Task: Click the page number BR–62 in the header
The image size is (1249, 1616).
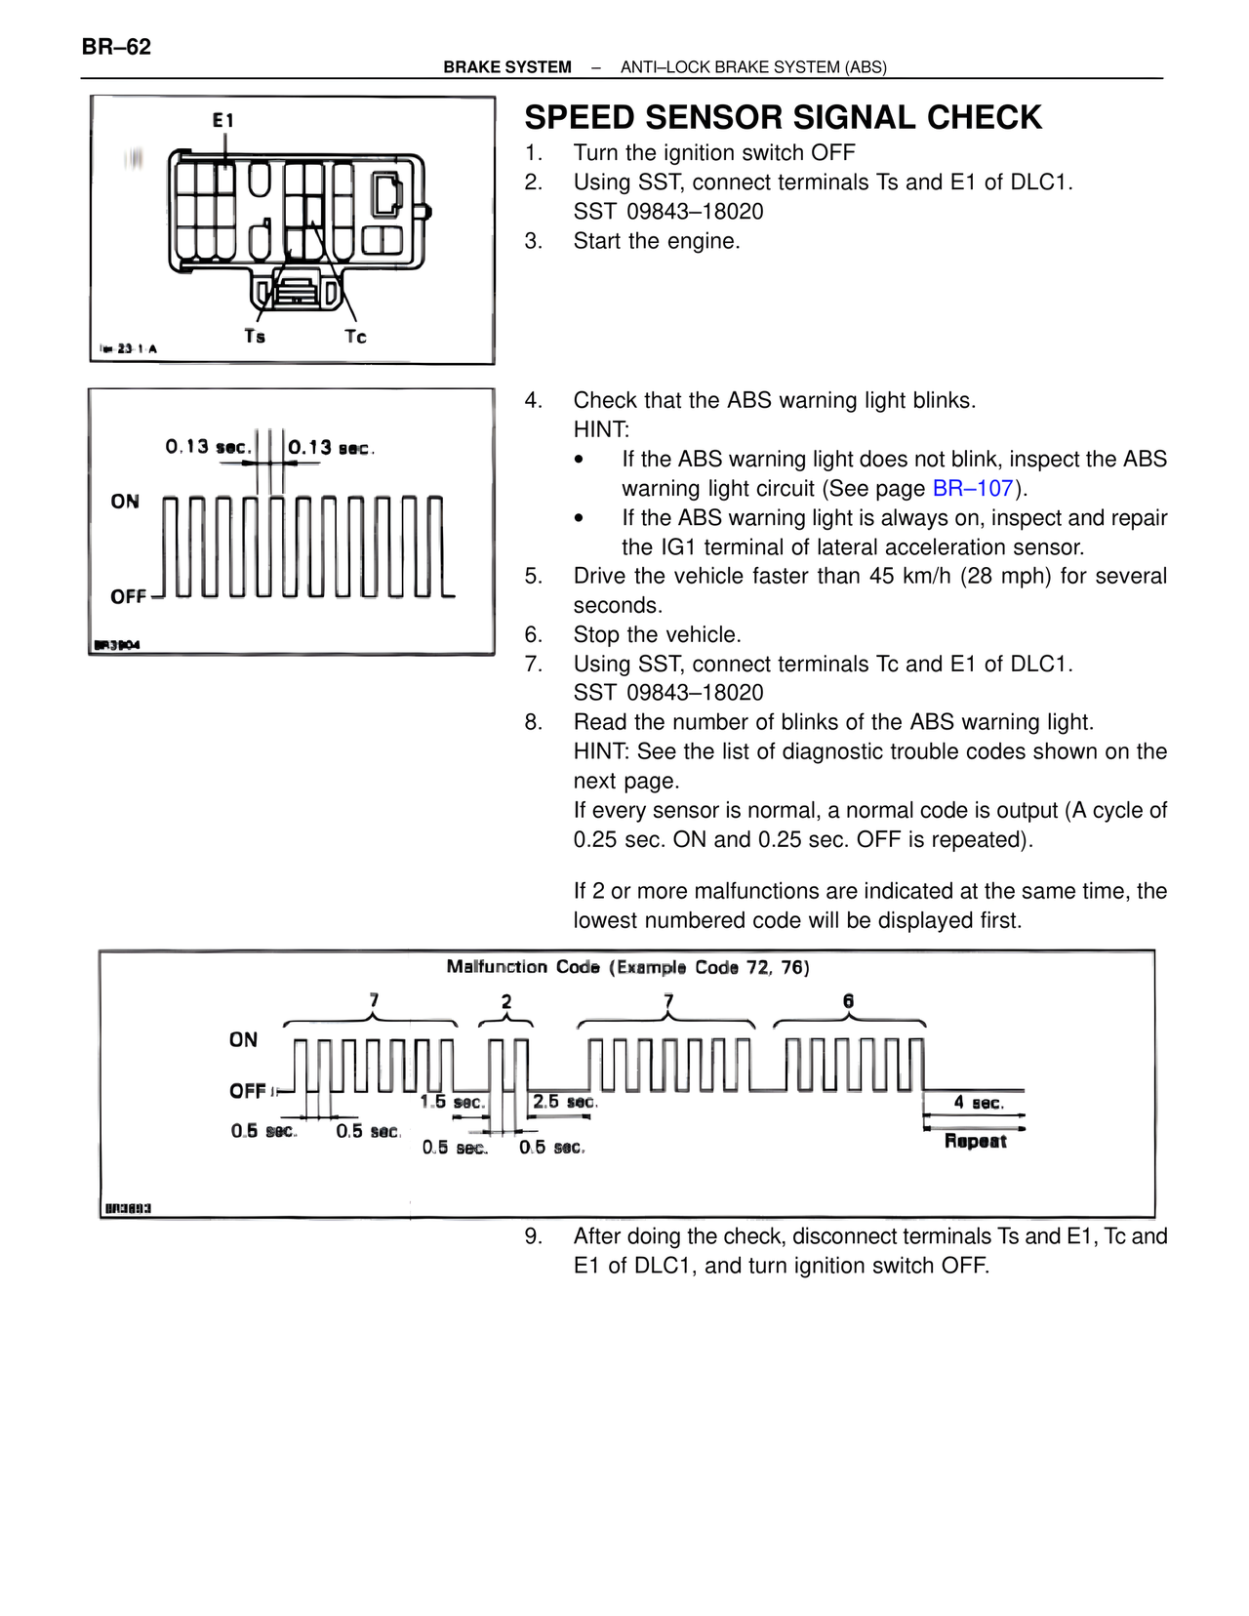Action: coord(116,47)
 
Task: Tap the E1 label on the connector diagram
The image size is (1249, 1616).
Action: coord(223,120)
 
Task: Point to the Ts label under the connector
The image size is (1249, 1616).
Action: coord(255,336)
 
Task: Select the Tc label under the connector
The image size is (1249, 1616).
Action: coord(355,337)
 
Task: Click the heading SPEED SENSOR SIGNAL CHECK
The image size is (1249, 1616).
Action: coord(783,117)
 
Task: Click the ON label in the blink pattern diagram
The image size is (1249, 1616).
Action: coord(125,502)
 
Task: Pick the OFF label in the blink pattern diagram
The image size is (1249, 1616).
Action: coord(128,596)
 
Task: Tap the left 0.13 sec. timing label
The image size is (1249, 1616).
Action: coord(208,447)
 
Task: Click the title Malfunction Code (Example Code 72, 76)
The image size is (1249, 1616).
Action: coord(627,967)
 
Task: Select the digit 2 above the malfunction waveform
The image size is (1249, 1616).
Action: coord(505,1001)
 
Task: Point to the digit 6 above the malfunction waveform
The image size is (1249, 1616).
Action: coord(848,1001)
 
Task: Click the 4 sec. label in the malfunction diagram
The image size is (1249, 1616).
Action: coord(978,1103)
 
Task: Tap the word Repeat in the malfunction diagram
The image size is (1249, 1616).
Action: coord(975,1141)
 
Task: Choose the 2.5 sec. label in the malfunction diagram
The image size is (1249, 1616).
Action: coord(564,1102)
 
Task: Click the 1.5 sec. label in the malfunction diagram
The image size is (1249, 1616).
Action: coord(452,1102)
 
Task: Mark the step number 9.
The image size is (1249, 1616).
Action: coord(533,1236)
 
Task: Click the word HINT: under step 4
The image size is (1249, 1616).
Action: coord(601,429)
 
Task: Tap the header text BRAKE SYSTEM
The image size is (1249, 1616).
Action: coord(506,67)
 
